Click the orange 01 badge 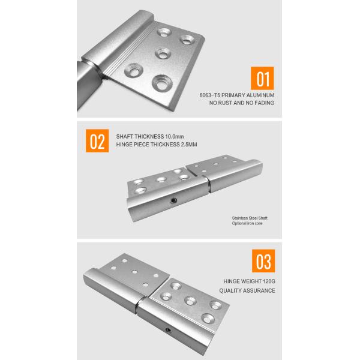click(x=262, y=78)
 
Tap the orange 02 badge click(x=97, y=141)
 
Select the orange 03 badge click(x=263, y=261)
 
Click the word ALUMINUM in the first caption click(x=261, y=95)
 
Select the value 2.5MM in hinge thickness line click(x=189, y=145)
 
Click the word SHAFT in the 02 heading click(x=125, y=137)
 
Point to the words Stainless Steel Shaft click(x=250, y=218)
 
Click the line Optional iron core click(x=247, y=223)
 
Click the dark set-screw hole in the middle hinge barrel click(x=173, y=200)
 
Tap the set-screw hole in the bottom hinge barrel click(x=168, y=330)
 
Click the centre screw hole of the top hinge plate click(x=163, y=54)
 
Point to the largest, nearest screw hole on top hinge click(x=162, y=83)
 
